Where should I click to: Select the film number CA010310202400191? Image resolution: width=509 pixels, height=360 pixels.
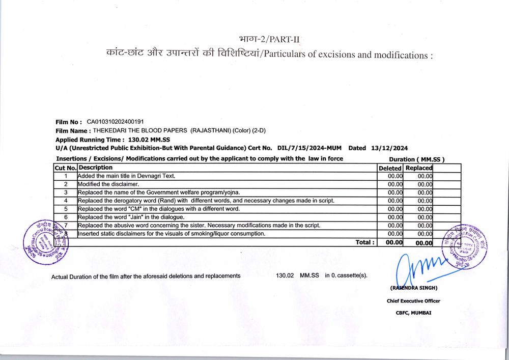pyautogui.click(x=116, y=122)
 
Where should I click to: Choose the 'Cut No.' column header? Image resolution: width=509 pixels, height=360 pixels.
pyautogui.click(x=66, y=168)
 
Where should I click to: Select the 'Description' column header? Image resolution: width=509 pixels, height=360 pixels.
pyautogui.click(x=96, y=168)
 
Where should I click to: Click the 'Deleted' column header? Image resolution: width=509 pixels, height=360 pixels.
pyautogui.click(x=390, y=168)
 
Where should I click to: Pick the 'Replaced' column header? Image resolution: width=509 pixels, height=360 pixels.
pyautogui.click(x=419, y=168)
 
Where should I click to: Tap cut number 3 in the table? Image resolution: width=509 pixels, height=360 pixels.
pyautogui.click(x=66, y=192)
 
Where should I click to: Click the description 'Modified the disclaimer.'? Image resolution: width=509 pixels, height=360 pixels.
pyautogui.click(x=108, y=184)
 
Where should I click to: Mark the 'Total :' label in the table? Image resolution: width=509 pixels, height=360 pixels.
pyautogui.click(x=365, y=242)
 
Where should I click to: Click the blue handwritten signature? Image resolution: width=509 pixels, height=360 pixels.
pyautogui.click(x=417, y=267)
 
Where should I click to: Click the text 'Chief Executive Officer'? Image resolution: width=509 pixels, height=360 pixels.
pyautogui.click(x=413, y=301)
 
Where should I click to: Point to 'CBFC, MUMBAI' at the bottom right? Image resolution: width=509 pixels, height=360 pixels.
pyautogui.click(x=413, y=313)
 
